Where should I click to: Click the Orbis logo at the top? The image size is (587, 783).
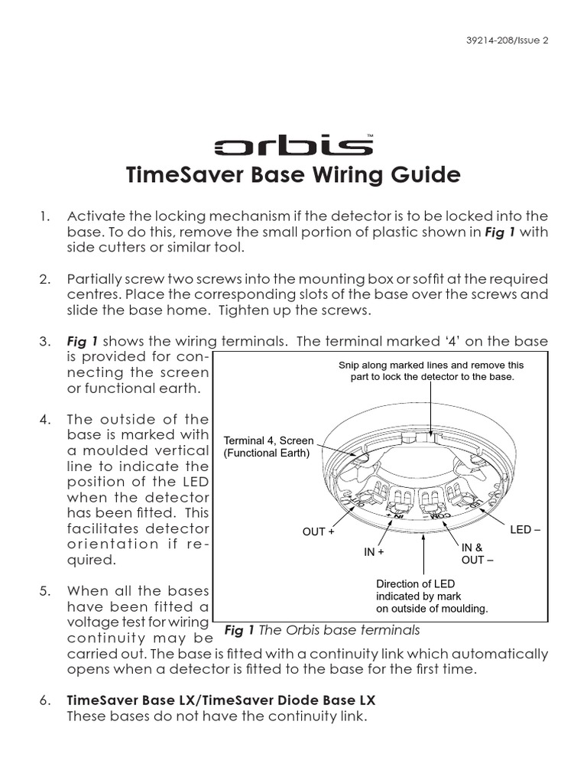tap(293, 146)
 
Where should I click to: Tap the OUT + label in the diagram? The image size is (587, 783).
tap(319, 531)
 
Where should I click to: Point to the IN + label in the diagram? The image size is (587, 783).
tap(374, 551)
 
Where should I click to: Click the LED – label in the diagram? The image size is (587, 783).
tap(525, 529)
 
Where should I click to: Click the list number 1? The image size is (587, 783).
tap(44, 216)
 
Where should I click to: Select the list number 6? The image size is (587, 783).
tap(44, 700)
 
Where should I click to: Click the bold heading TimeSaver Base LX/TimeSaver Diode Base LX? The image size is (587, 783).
tap(221, 700)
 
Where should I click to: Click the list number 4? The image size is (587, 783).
tap(44, 419)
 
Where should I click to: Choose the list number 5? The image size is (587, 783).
tap(44, 591)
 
